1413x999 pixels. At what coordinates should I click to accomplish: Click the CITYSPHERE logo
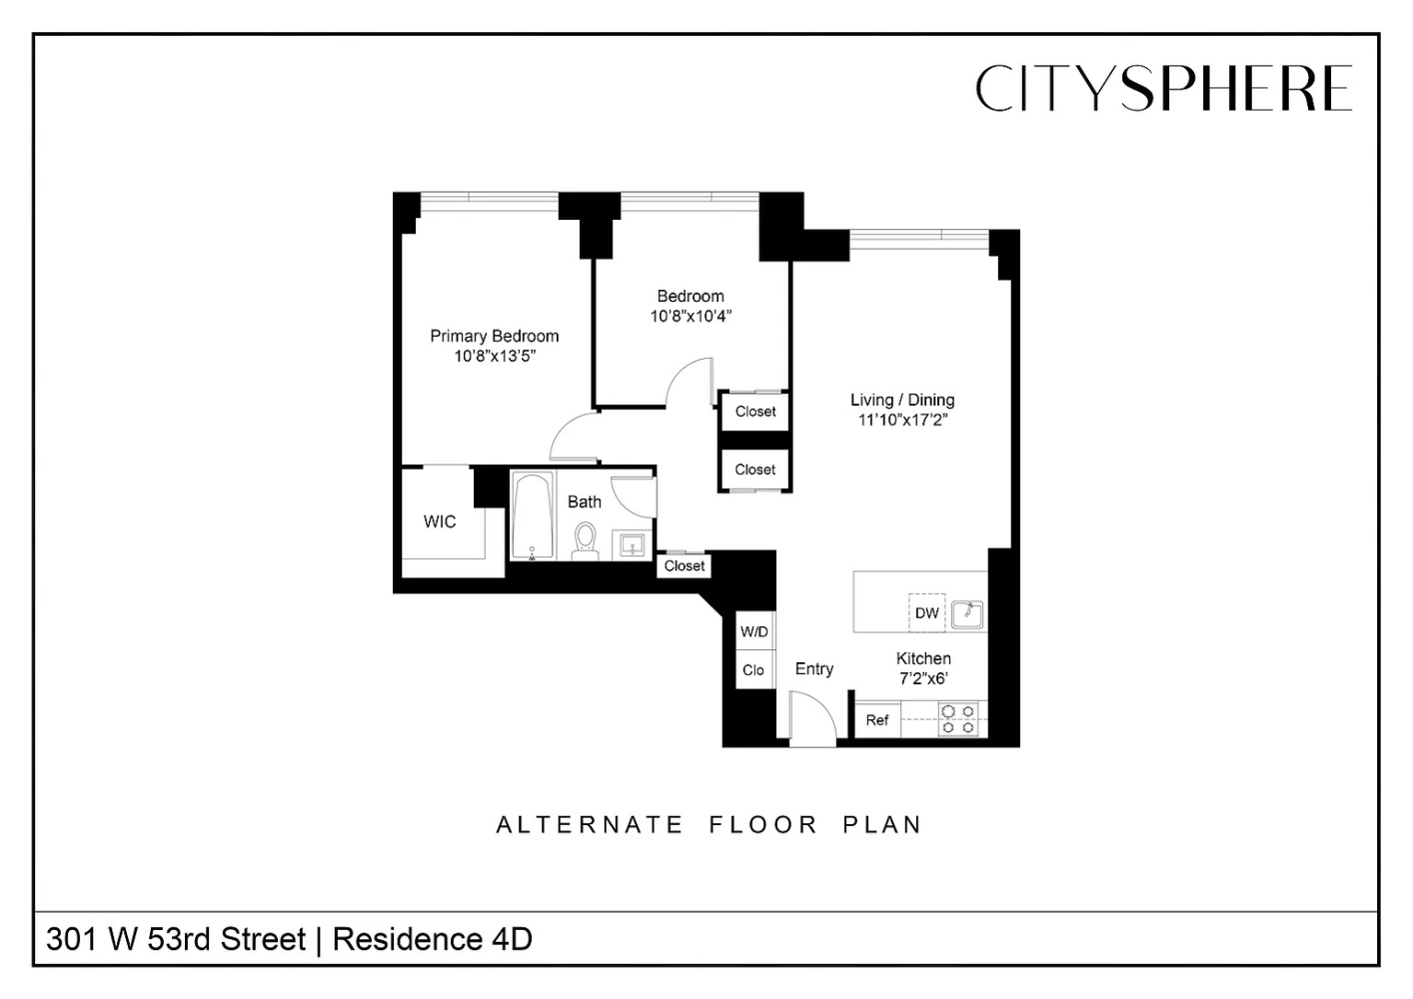(1163, 88)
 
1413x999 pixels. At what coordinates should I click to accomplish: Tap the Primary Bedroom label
(494, 336)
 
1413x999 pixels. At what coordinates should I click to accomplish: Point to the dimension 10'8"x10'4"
(691, 317)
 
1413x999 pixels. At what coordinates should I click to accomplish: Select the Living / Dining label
(902, 400)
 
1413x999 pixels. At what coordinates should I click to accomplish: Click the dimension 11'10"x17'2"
(902, 421)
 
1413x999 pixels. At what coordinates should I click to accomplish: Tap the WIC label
(440, 521)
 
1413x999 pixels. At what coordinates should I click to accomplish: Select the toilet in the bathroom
(585, 540)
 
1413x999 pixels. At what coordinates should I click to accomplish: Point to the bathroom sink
(633, 545)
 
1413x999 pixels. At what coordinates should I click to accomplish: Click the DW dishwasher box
(926, 612)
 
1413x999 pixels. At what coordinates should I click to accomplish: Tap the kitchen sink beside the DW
(967, 613)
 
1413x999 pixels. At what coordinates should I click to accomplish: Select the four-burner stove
(958, 719)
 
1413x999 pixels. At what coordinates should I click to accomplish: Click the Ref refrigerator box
(877, 719)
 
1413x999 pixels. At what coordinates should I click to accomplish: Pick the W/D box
(754, 631)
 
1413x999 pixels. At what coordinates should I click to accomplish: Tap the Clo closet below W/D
(753, 670)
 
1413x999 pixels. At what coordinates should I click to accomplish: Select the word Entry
(813, 669)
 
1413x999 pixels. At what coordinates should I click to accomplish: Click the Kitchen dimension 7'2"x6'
(923, 679)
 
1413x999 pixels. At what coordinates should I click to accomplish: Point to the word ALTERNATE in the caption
(590, 825)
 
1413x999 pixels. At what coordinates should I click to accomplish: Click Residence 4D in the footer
(432, 940)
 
